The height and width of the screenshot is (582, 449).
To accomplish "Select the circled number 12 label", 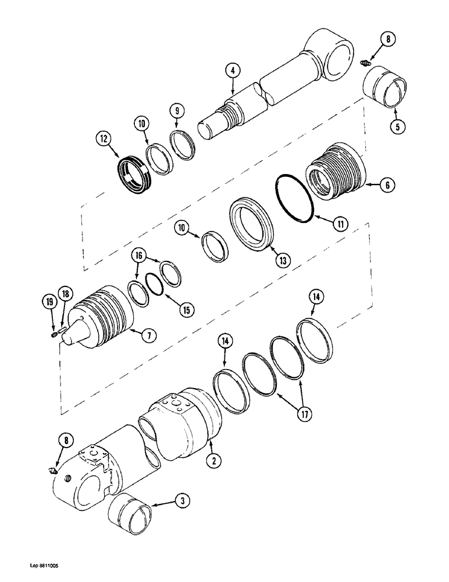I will tap(102, 139).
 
